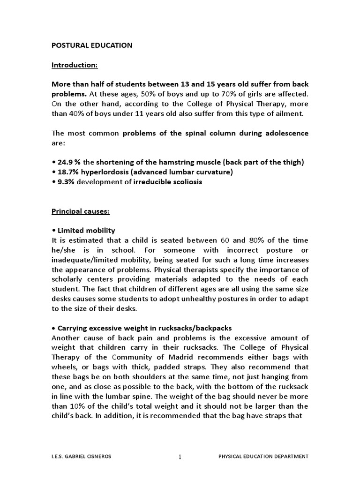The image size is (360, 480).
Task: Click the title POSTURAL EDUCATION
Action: tap(91, 45)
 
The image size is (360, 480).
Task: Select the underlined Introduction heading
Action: tap(74, 65)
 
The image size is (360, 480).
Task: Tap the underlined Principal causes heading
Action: tap(80, 211)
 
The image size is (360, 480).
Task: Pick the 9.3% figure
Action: tap(65, 182)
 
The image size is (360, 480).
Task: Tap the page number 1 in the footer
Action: tap(180, 457)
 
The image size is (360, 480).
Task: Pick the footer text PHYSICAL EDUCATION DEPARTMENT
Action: tap(264, 456)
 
